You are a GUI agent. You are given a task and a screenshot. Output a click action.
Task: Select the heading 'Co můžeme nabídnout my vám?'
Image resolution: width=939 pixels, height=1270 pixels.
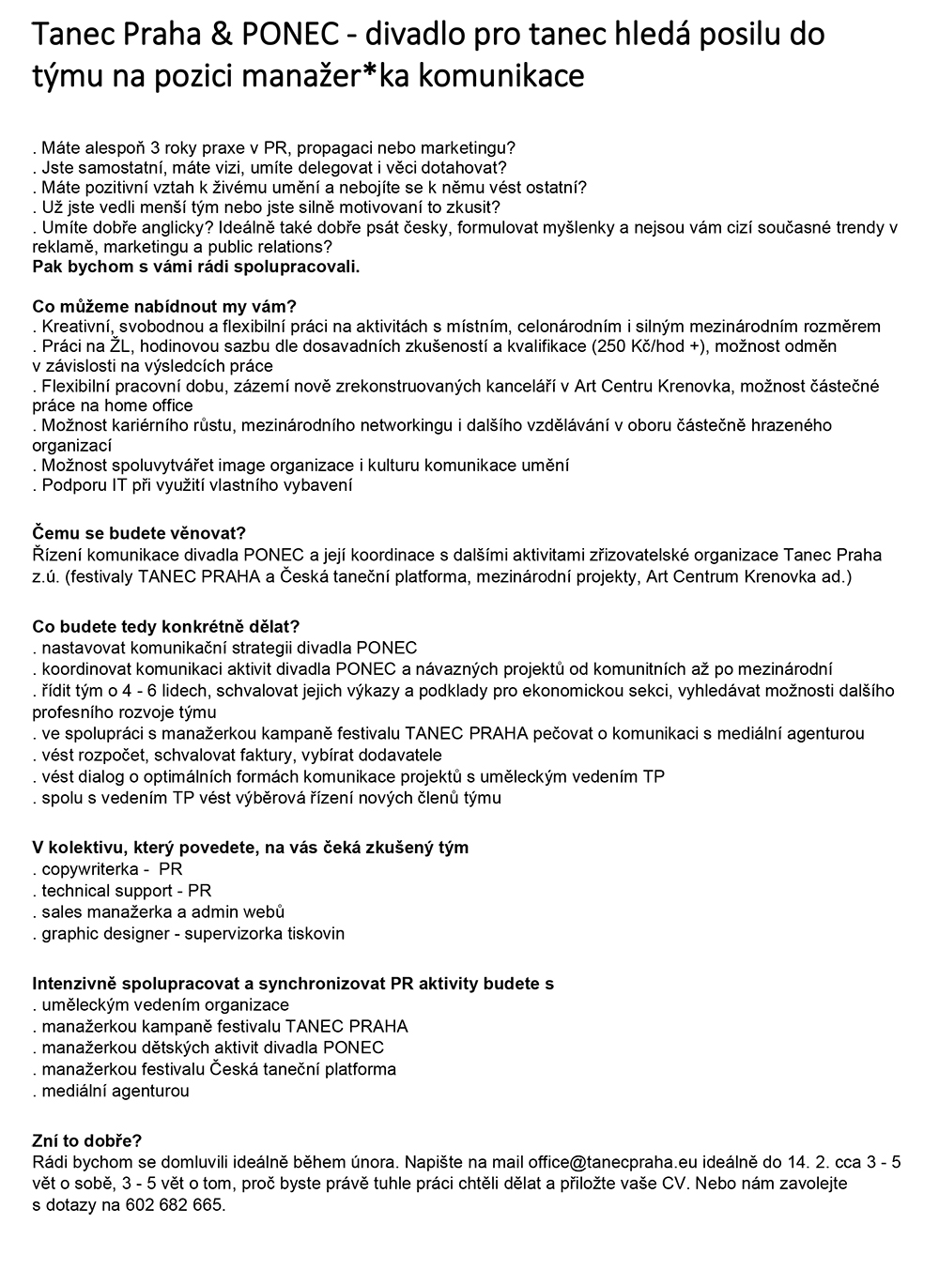(x=164, y=307)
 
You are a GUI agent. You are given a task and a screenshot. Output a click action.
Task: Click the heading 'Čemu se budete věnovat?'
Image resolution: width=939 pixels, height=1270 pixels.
(x=139, y=534)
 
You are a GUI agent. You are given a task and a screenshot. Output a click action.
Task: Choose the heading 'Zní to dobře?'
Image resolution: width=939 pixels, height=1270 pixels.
(x=86, y=1141)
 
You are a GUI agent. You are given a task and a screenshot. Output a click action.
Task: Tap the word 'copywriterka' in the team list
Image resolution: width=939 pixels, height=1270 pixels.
(x=90, y=869)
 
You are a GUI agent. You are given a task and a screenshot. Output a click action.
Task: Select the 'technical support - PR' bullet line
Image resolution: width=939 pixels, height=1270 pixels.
(x=122, y=891)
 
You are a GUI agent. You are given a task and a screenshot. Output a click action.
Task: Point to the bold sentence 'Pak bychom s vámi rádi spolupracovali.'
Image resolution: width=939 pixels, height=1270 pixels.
(x=196, y=267)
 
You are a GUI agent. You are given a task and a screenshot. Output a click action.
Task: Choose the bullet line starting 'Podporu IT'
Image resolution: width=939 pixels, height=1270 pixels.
(x=192, y=485)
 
